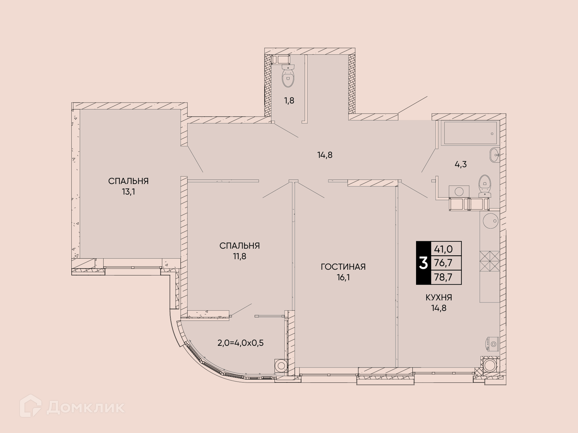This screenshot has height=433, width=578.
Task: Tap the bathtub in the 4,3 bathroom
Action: click(469, 133)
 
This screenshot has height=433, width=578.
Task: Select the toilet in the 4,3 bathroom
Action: click(484, 186)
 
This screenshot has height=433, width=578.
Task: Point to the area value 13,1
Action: click(128, 192)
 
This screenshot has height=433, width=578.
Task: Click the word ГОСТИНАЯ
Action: click(343, 267)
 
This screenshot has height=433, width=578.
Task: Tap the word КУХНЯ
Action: click(439, 298)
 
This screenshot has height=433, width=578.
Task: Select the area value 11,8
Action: click(240, 256)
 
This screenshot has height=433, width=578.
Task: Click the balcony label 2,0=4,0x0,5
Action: click(241, 343)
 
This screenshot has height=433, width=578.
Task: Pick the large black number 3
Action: click(423, 263)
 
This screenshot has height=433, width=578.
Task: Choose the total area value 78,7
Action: click(443, 277)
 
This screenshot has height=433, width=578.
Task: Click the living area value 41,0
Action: click(443, 249)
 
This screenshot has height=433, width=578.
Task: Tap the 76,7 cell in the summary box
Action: click(443, 263)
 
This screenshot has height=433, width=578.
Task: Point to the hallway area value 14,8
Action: click(325, 155)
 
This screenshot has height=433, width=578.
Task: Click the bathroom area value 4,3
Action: click(461, 164)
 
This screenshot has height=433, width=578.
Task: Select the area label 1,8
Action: click(289, 100)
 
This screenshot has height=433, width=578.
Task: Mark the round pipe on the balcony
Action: click(281, 366)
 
